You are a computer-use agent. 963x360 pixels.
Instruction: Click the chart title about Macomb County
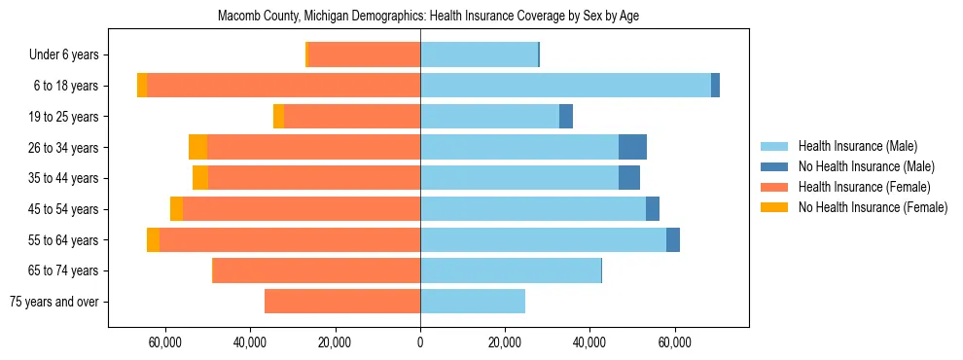tap(428, 17)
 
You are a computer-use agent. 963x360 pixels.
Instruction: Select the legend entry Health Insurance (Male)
tap(857, 146)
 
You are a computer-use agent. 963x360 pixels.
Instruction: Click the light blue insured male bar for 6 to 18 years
tap(565, 86)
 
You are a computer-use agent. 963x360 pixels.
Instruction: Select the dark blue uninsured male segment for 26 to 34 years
tap(632, 147)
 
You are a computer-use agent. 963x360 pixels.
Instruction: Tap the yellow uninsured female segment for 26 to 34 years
tap(197, 147)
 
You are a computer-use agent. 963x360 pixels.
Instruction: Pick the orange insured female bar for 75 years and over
tap(342, 302)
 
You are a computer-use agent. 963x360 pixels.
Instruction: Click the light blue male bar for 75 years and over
tap(473, 302)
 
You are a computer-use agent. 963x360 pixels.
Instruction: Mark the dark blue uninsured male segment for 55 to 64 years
tap(673, 239)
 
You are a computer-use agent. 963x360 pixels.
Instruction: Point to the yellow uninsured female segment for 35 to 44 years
tap(200, 178)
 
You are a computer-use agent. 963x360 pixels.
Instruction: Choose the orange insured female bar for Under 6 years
tap(364, 55)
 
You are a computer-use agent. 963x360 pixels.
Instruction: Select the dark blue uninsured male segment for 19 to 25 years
tap(566, 117)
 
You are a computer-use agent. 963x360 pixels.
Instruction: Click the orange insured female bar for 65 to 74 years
tap(316, 270)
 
